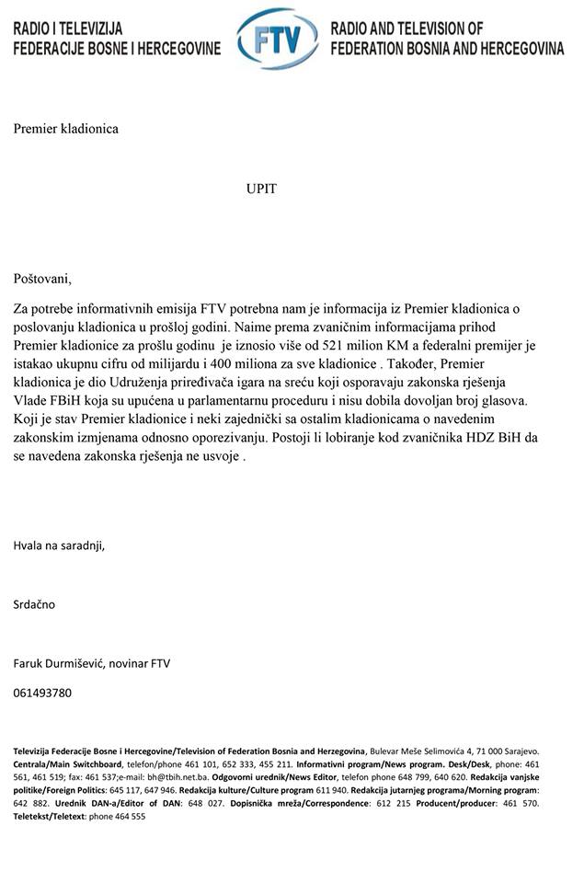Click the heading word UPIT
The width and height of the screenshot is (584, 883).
[x=261, y=189]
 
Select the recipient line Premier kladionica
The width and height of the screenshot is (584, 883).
[x=65, y=129]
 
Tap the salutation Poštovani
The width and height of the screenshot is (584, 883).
[x=41, y=278]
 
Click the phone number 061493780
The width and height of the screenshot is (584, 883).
[x=42, y=693]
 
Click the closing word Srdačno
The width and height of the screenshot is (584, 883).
[x=34, y=604]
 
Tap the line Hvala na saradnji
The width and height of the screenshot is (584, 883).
[x=59, y=545]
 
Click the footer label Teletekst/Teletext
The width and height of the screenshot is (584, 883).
[x=50, y=816]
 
